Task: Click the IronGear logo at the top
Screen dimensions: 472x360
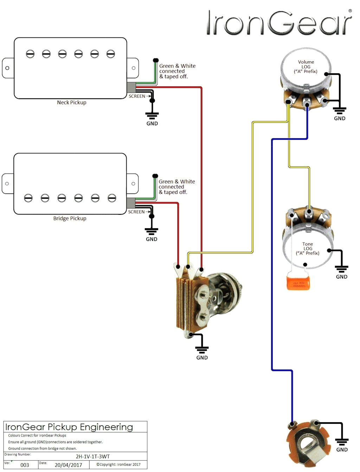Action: tap(279, 23)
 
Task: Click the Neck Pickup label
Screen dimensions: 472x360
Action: tap(71, 103)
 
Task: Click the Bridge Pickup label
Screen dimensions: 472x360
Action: tap(70, 219)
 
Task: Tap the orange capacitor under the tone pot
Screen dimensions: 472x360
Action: tap(298, 283)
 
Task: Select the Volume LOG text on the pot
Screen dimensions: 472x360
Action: tap(306, 66)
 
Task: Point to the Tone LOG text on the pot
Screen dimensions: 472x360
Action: tap(307, 248)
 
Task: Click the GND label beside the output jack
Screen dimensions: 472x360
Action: tap(342, 450)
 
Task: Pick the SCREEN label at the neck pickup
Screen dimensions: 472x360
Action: tap(137, 96)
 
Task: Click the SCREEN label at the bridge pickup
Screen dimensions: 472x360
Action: tap(136, 212)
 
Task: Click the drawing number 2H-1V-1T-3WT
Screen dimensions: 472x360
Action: tap(93, 457)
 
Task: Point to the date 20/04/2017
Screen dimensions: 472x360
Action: tap(68, 465)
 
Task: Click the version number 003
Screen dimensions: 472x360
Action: tap(25, 465)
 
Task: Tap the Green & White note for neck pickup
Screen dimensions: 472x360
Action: tap(177, 71)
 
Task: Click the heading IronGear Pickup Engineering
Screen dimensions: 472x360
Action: tap(69, 427)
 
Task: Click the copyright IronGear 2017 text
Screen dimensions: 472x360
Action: tap(118, 465)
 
